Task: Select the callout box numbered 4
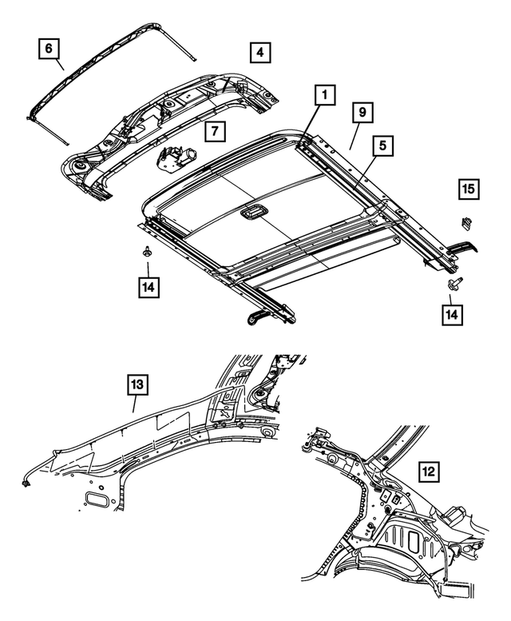coord(259,54)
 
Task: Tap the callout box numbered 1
coord(323,95)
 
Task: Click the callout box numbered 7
coord(213,129)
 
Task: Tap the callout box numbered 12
coord(429,473)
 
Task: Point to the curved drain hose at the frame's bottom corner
coord(263,317)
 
